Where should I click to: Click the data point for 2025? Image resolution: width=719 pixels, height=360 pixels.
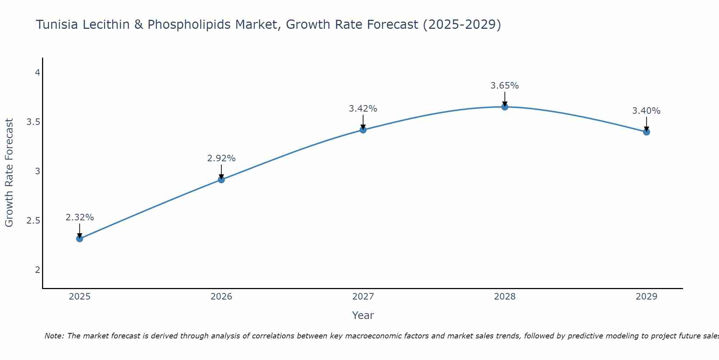[x=79, y=239]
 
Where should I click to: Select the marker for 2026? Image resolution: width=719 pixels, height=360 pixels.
[x=221, y=180]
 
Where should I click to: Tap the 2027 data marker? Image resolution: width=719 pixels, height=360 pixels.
[x=363, y=130]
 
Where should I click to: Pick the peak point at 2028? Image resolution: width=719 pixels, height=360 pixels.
[x=505, y=107]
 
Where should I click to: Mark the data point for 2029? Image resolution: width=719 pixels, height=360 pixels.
[x=646, y=132]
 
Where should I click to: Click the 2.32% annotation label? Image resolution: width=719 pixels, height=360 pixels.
[x=79, y=217]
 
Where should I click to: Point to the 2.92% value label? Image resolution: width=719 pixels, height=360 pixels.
[x=221, y=158]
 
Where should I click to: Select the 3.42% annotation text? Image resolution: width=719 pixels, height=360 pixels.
[x=363, y=109]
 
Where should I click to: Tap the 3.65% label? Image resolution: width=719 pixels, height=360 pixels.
[x=505, y=86]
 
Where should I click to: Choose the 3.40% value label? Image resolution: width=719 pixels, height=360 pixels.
[x=646, y=111]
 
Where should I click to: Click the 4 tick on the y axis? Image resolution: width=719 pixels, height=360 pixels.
[x=37, y=73]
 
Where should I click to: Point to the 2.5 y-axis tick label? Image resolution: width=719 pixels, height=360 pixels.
[x=33, y=221]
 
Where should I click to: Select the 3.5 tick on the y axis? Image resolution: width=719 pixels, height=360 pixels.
[x=33, y=122]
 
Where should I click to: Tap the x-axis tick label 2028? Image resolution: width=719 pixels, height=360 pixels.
[x=505, y=297]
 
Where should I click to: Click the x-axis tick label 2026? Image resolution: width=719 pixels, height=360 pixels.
[x=221, y=297]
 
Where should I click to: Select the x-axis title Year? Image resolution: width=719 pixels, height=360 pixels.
[x=363, y=315]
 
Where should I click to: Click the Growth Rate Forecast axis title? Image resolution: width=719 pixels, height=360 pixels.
[x=9, y=173]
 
